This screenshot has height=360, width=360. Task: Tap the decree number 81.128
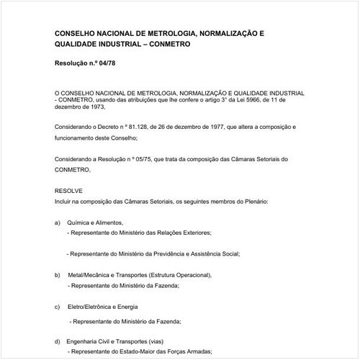click(x=125, y=127)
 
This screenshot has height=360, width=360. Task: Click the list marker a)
click(x=58, y=223)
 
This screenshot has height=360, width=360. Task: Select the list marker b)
click(x=58, y=276)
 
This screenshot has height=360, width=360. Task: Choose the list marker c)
click(x=58, y=307)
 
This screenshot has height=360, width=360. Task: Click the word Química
click(x=79, y=223)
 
